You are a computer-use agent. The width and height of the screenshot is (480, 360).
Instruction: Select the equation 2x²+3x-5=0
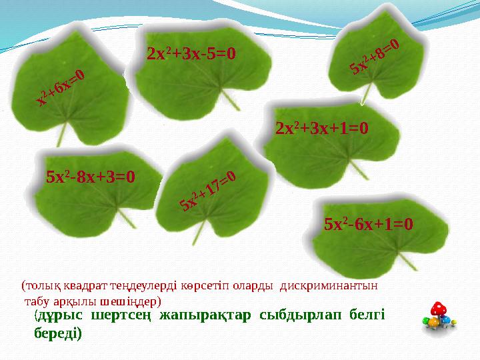point(192,53)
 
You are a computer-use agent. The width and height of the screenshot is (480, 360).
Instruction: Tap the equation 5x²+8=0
point(374,57)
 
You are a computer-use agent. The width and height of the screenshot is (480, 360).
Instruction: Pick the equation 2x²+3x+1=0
point(322,127)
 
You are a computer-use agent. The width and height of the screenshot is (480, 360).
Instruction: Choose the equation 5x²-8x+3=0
point(91,177)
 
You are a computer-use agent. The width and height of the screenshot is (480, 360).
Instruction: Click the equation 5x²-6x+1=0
point(369,224)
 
